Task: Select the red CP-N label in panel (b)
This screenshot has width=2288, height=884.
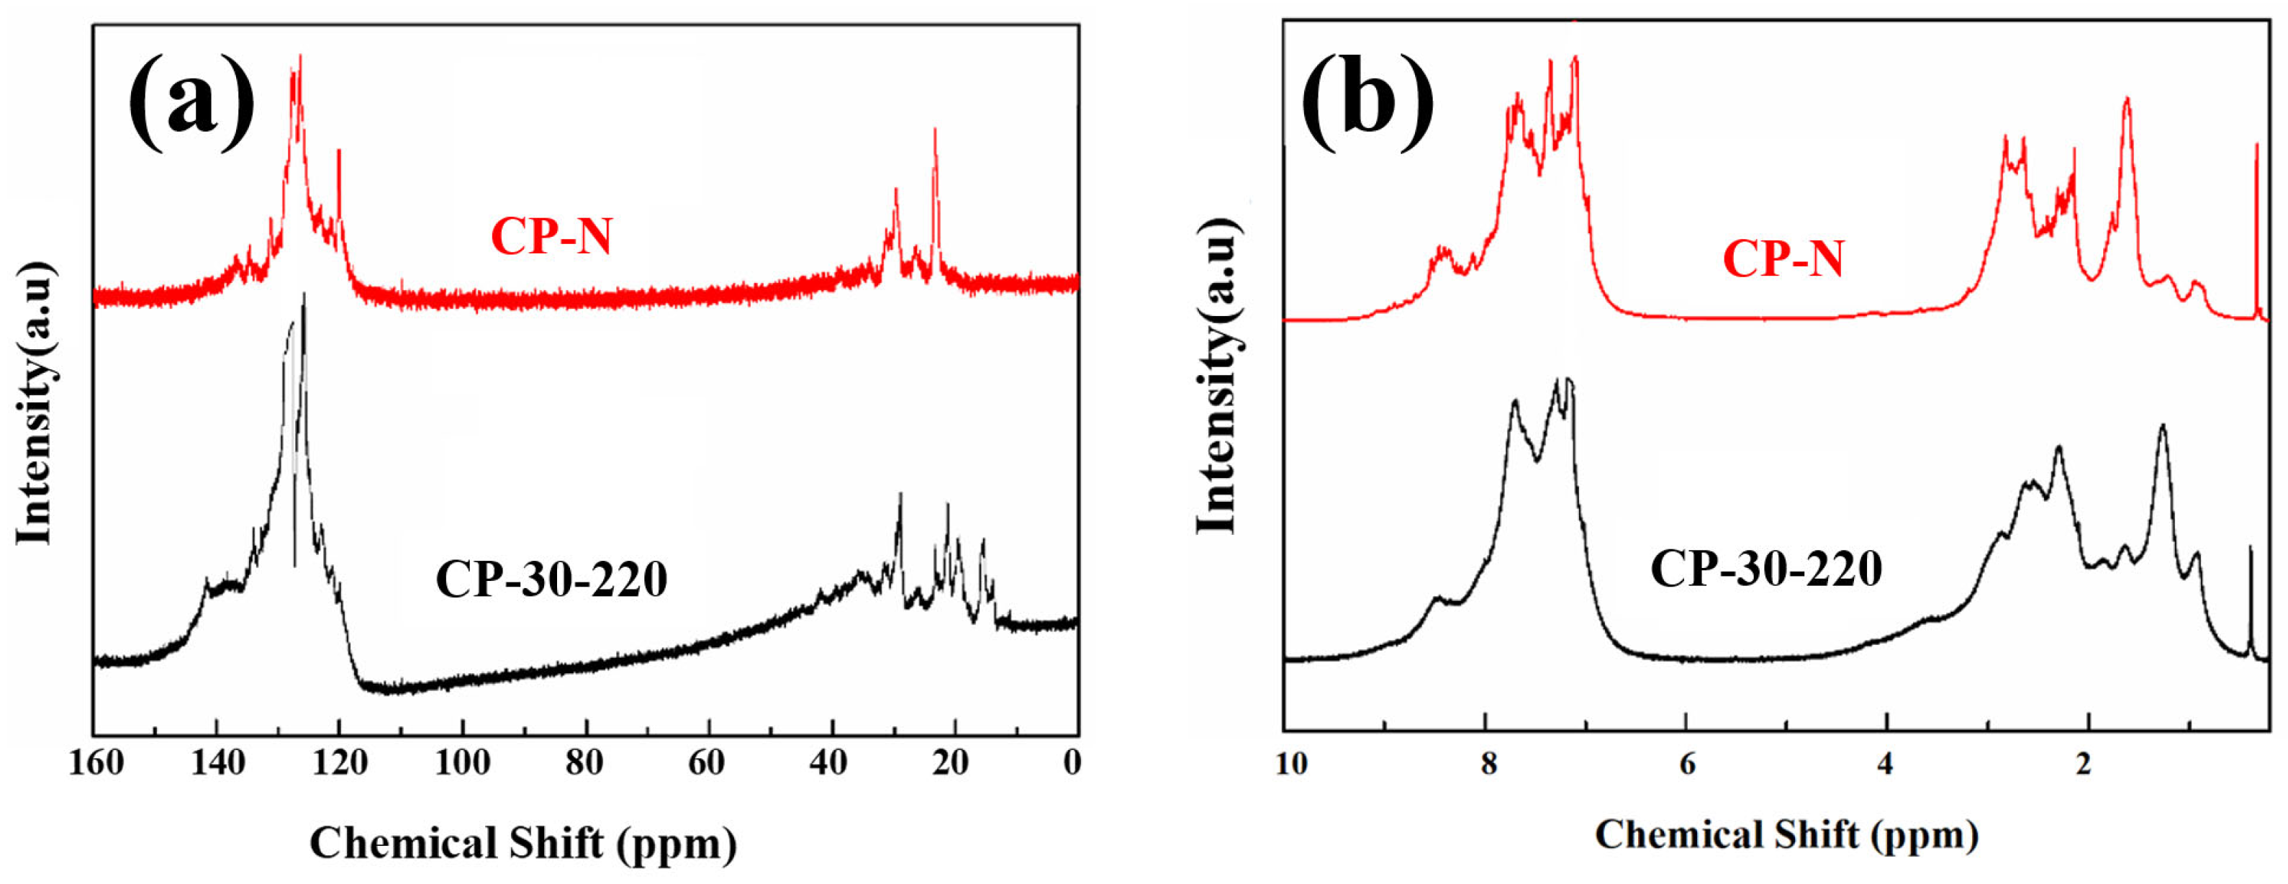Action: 1783,259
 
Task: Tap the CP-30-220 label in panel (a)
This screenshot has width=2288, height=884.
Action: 551,580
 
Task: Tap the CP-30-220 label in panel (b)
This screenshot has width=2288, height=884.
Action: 1765,569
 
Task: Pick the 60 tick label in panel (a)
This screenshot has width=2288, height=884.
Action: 707,763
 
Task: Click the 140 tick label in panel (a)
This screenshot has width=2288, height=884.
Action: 219,763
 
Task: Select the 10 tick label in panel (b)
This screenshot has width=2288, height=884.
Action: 1291,763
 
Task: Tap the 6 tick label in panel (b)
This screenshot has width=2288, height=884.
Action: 1687,763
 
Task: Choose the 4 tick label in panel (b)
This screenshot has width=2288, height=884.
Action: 1886,763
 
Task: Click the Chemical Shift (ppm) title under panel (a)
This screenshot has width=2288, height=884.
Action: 523,843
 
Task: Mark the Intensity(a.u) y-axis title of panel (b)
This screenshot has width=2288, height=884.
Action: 1217,375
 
